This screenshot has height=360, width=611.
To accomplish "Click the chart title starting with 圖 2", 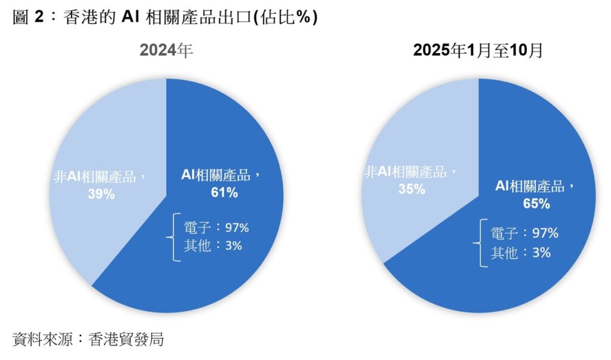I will click(165, 18).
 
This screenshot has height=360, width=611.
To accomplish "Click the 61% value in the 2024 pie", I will click(224, 192).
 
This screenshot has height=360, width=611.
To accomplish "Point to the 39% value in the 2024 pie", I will click(101, 193).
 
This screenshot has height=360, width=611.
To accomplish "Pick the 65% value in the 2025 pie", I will click(536, 204).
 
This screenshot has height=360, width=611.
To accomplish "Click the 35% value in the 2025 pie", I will click(412, 189).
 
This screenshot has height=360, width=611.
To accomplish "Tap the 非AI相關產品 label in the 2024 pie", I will click(99, 177).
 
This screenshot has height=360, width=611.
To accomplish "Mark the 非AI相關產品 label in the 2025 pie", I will click(411, 173).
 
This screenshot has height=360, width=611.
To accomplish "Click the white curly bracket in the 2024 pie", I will click(176, 237).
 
